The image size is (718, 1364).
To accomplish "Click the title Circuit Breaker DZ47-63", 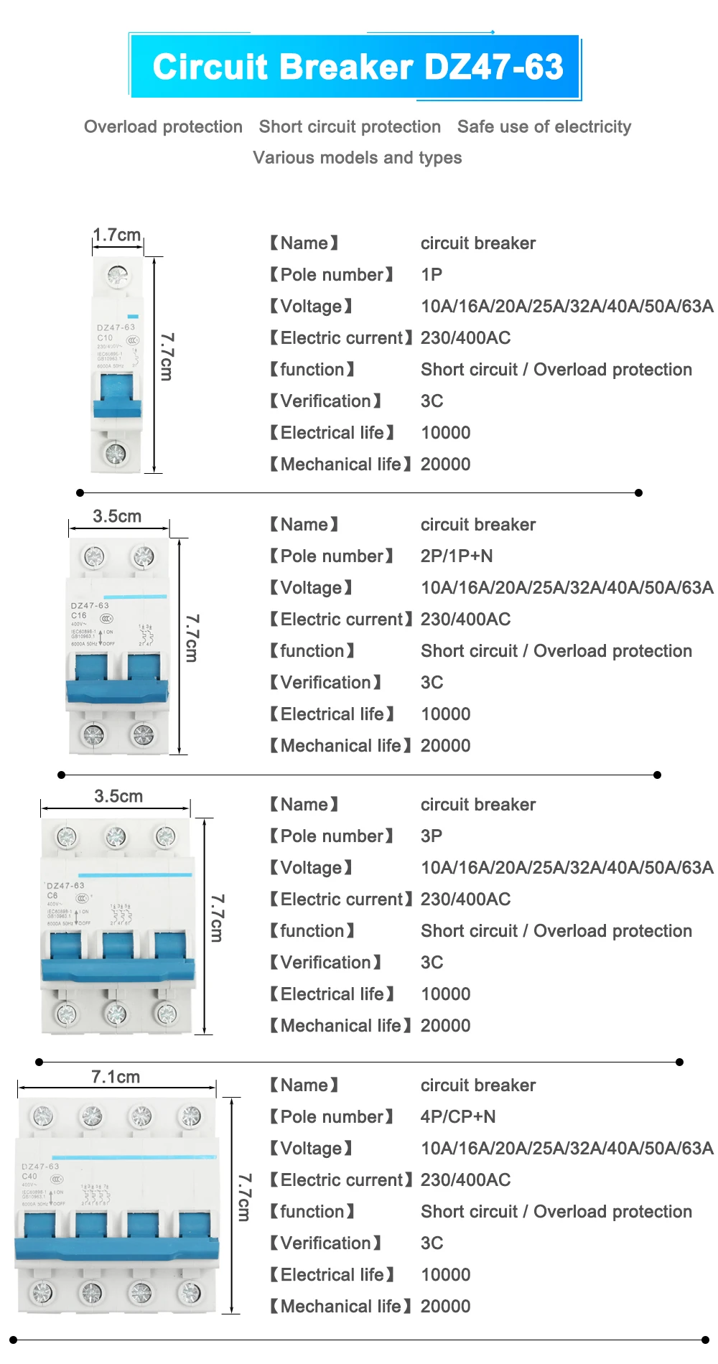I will [358, 67].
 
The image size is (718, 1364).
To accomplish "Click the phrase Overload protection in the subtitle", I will [163, 127].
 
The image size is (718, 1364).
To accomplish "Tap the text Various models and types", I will [357, 158].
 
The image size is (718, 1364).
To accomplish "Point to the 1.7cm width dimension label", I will [117, 235].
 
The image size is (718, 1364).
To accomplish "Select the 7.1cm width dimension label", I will [116, 1077].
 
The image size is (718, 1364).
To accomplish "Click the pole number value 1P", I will [432, 275].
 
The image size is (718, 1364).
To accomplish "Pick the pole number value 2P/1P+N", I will [457, 556].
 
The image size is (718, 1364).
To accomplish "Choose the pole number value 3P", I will [432, 836].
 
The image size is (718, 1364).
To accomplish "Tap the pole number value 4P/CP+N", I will [458, 1117].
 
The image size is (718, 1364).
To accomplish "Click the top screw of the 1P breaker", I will [117, 275].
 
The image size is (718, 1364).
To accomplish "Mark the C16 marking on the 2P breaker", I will [78, 615].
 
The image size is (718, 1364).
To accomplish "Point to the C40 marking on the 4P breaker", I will [29, 1177].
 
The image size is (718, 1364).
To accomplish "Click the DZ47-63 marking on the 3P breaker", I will [65, 886].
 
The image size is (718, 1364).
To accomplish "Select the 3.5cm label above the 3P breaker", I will [118, 796].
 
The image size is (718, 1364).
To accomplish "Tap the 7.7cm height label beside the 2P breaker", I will [192, 637].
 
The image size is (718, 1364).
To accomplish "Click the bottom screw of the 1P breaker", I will [115, 453].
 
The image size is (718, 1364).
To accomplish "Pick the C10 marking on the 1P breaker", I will [105, 337].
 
